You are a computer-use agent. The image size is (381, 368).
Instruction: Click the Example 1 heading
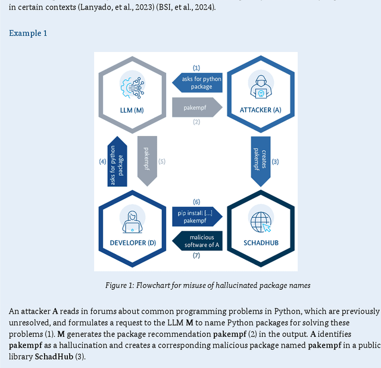(28, 33)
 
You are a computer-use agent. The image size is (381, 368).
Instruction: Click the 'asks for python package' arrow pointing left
(197, 82)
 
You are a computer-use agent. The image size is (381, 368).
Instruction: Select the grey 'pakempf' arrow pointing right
(196, 107)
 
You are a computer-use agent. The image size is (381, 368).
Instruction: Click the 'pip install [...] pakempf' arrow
(197, 217)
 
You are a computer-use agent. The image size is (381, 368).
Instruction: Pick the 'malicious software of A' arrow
(197, 240)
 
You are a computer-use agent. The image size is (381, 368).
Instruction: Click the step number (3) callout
(276, 161)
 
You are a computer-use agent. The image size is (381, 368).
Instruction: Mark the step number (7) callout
(196, 255)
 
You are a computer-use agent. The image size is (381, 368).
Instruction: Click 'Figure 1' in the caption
(120, 285)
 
